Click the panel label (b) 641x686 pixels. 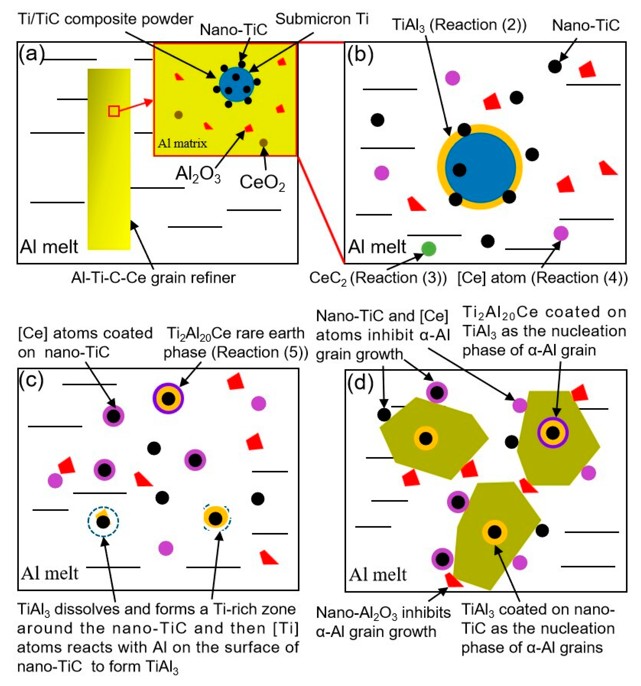pyautogui.click(x=360, y=55)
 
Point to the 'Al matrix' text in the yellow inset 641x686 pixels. pyautogui.click(x=182, y=143)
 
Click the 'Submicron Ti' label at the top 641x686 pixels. pyautogui.click(x=322, y=19)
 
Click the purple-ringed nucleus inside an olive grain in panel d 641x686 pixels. pyautogui.click(x=553, y=432)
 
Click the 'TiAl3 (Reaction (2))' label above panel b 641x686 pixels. pyautogui.click(x=459, y=25)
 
